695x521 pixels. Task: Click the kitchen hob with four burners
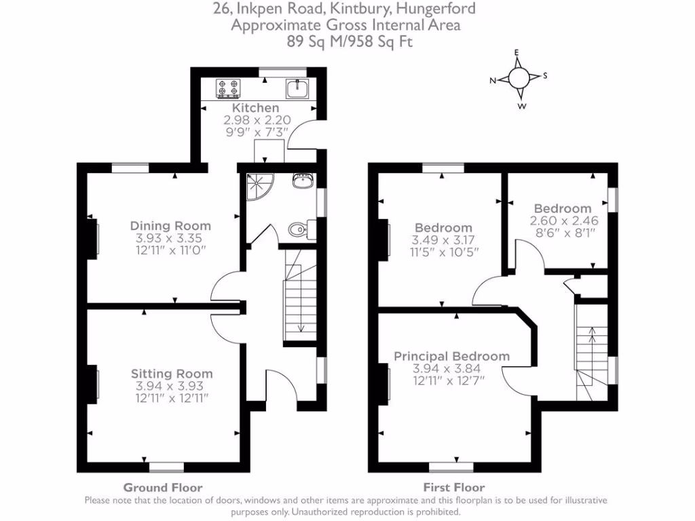(x=229, y=88)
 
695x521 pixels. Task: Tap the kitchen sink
(x=297, y=88)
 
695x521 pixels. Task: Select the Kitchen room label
(x=256, y=108)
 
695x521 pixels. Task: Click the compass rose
(x=520, y=79)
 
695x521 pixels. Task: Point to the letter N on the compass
(x=493, y=81)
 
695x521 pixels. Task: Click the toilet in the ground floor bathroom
(x=299, y=229)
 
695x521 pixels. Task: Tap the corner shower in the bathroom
(x=257, y=187)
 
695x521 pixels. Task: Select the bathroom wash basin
(x=303, y=181)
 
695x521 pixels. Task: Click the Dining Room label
(x=170, y=226)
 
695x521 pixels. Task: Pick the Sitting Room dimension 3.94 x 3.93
(x=172, y=386)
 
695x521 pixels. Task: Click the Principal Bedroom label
(x=451, y=356)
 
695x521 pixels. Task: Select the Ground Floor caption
(x=162, y=487)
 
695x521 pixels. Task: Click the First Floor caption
(x=454, y=487)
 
